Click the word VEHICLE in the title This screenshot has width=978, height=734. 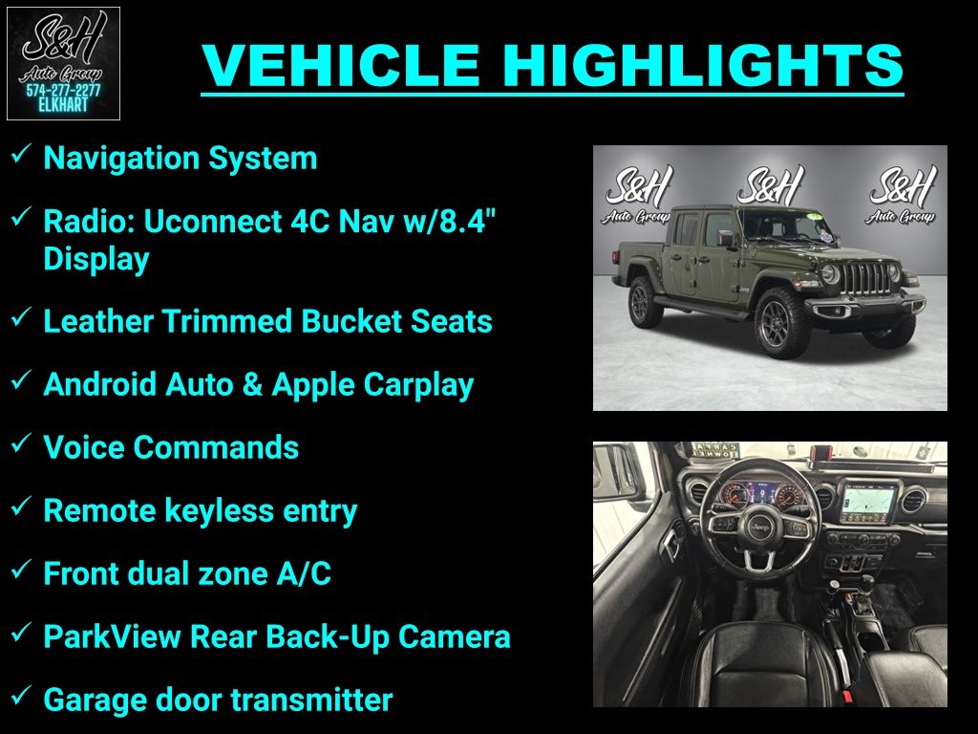[341, 65]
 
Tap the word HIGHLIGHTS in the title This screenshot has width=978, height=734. [703, 65]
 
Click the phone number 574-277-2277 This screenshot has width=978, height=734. [63, 91]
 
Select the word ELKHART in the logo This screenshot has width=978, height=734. [63, 105]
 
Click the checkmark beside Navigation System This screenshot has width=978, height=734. [21, 154]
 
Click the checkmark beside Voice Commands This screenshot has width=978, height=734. [21, 443]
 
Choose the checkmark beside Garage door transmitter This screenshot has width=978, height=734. [21, 696]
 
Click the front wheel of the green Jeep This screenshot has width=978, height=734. [781, 324]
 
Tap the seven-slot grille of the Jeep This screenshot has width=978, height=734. [867, 278]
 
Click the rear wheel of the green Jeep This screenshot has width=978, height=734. [644, 303]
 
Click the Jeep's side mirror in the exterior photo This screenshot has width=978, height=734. [726, 238]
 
